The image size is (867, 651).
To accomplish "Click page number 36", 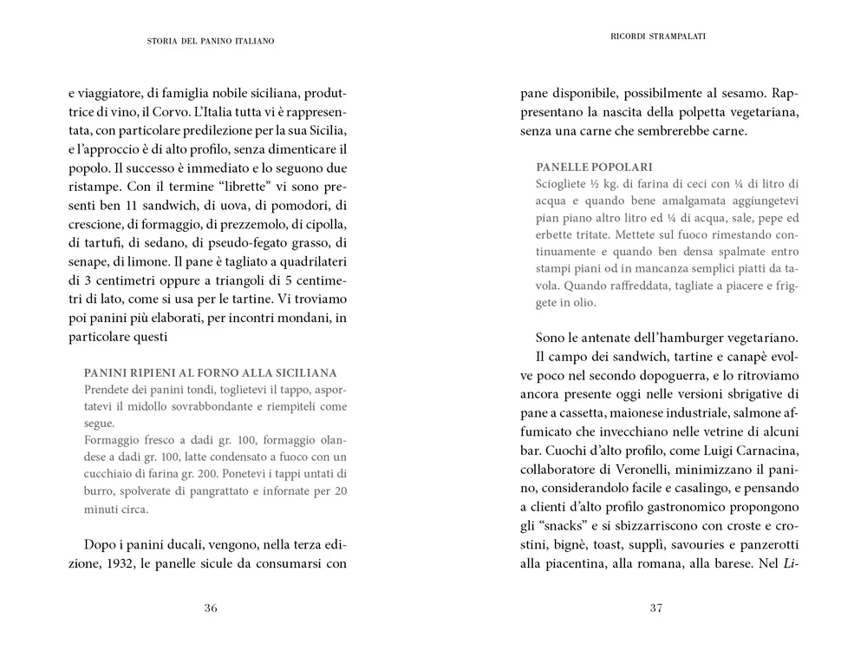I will point(211,608).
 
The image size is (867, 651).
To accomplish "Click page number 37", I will point(656,608).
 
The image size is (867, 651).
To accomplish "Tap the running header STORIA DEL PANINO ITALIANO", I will point(211,41).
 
